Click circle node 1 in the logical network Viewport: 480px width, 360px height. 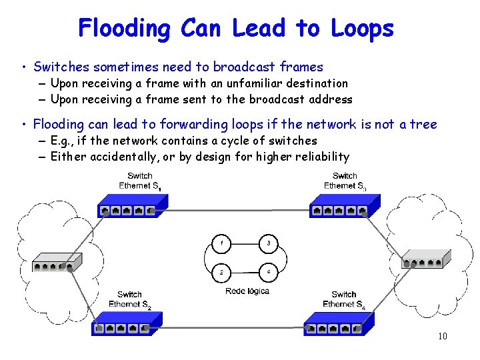pyautogui.click(x=221, y=244)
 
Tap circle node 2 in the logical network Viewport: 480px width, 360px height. pyautogui.click(x=221, y=272)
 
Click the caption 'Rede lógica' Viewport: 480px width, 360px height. pyautogui.click(x=247, y=291)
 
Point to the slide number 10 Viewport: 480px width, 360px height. pyautogui.click(x=442, y=336)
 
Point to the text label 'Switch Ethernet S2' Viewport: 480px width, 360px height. pyautogui.click(x=129, y=299)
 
